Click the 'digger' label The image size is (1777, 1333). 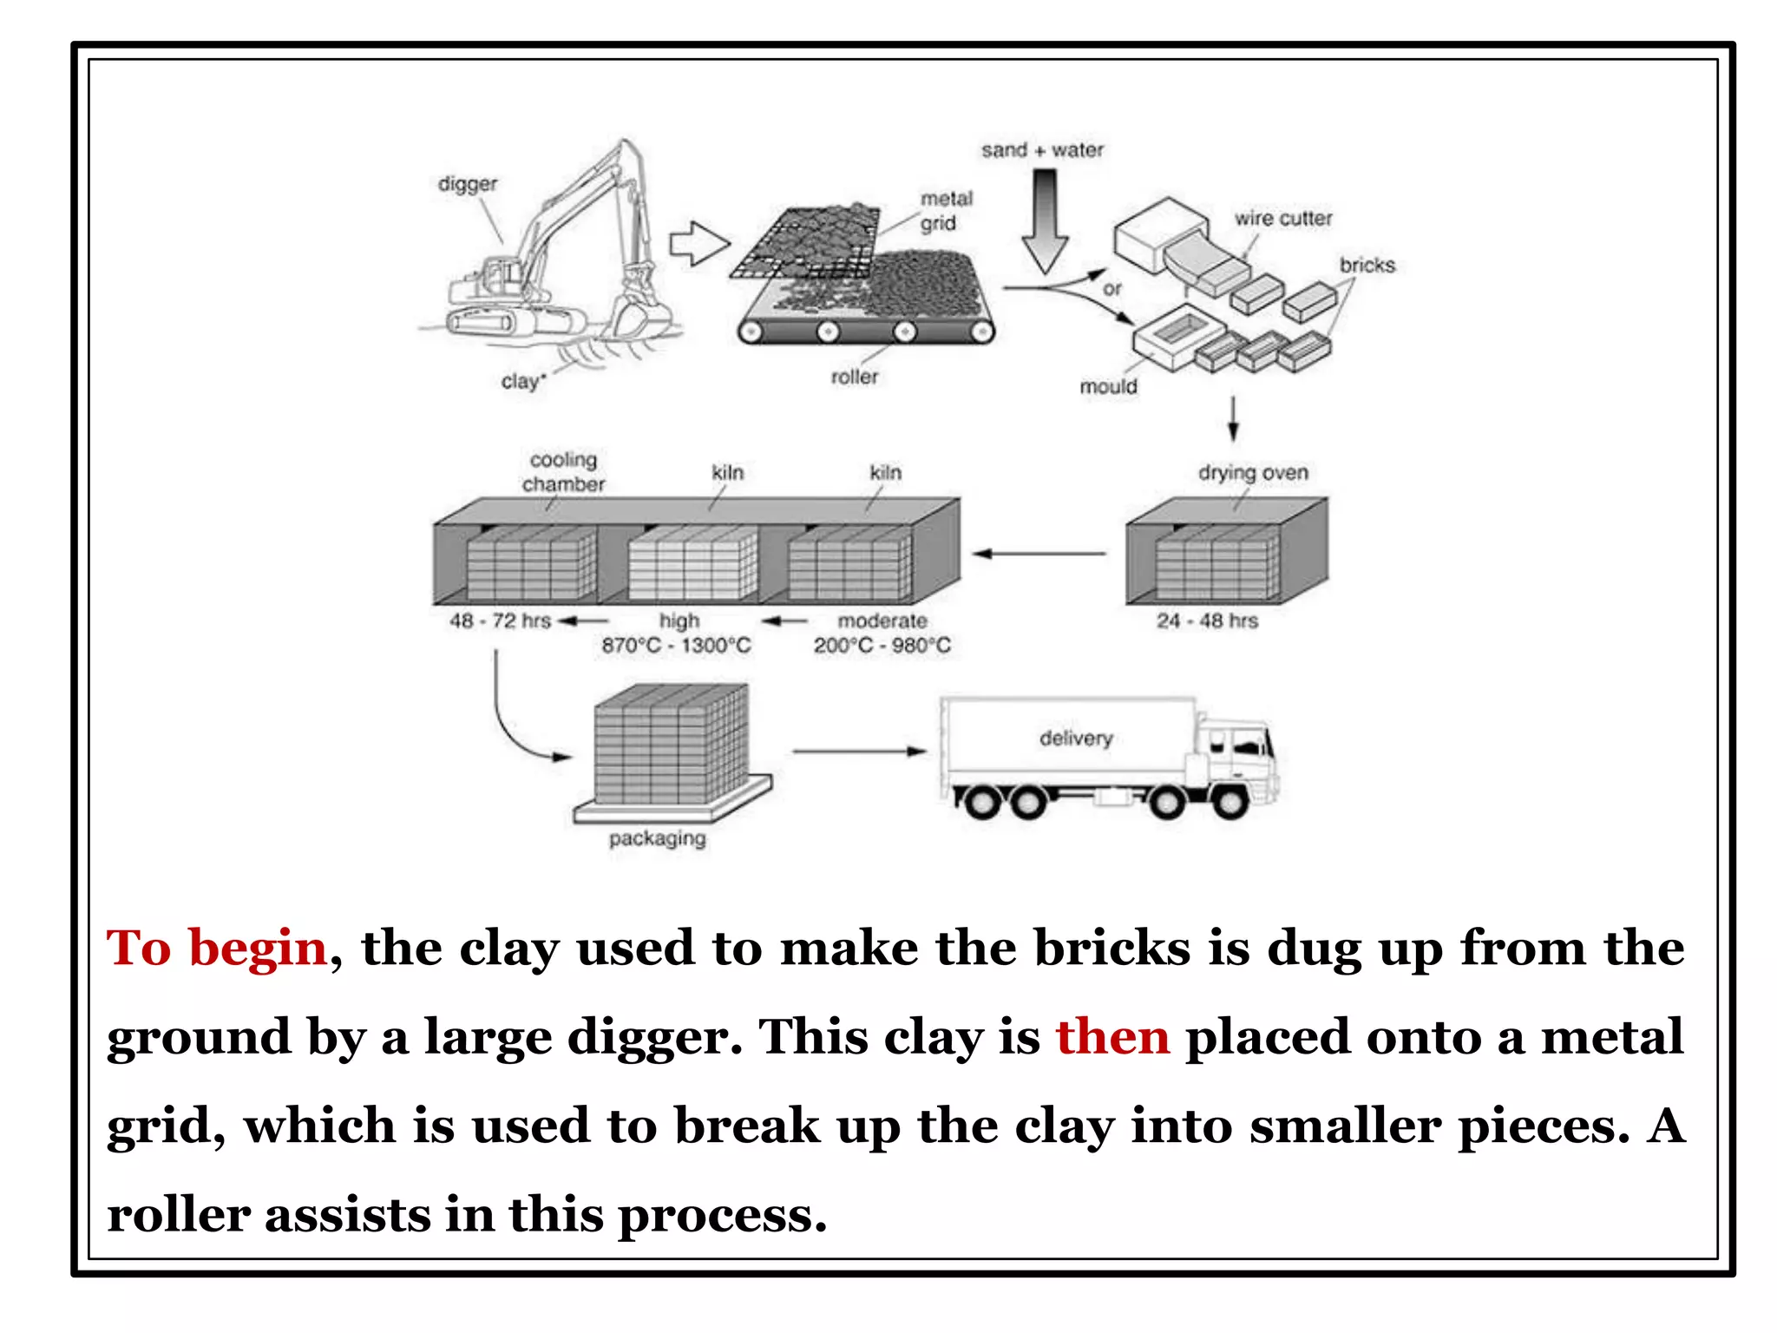coord(468,184)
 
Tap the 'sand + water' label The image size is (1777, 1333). coord(1042,150)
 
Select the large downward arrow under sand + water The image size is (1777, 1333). coord(1045,221)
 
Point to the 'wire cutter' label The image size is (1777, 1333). coord(1282,219)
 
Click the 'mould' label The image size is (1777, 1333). coord(1107,387)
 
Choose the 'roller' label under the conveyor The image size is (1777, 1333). coord(854,378)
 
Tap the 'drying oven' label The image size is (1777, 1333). coord(1252,473)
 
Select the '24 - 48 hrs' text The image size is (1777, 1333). coord(1206,621)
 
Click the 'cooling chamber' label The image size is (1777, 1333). coord(563,472)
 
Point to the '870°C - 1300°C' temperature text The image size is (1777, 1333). coord(676,646)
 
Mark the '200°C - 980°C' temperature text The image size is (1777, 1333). coord(882,646)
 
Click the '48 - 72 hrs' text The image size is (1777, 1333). coord(500,621)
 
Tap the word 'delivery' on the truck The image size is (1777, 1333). coord(1075,739)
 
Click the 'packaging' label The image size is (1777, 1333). coord(657,838)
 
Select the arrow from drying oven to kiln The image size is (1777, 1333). coord(1039,554)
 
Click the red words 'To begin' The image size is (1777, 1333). coord(216,948)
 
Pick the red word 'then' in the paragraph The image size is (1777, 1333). coord(1111,1037)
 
